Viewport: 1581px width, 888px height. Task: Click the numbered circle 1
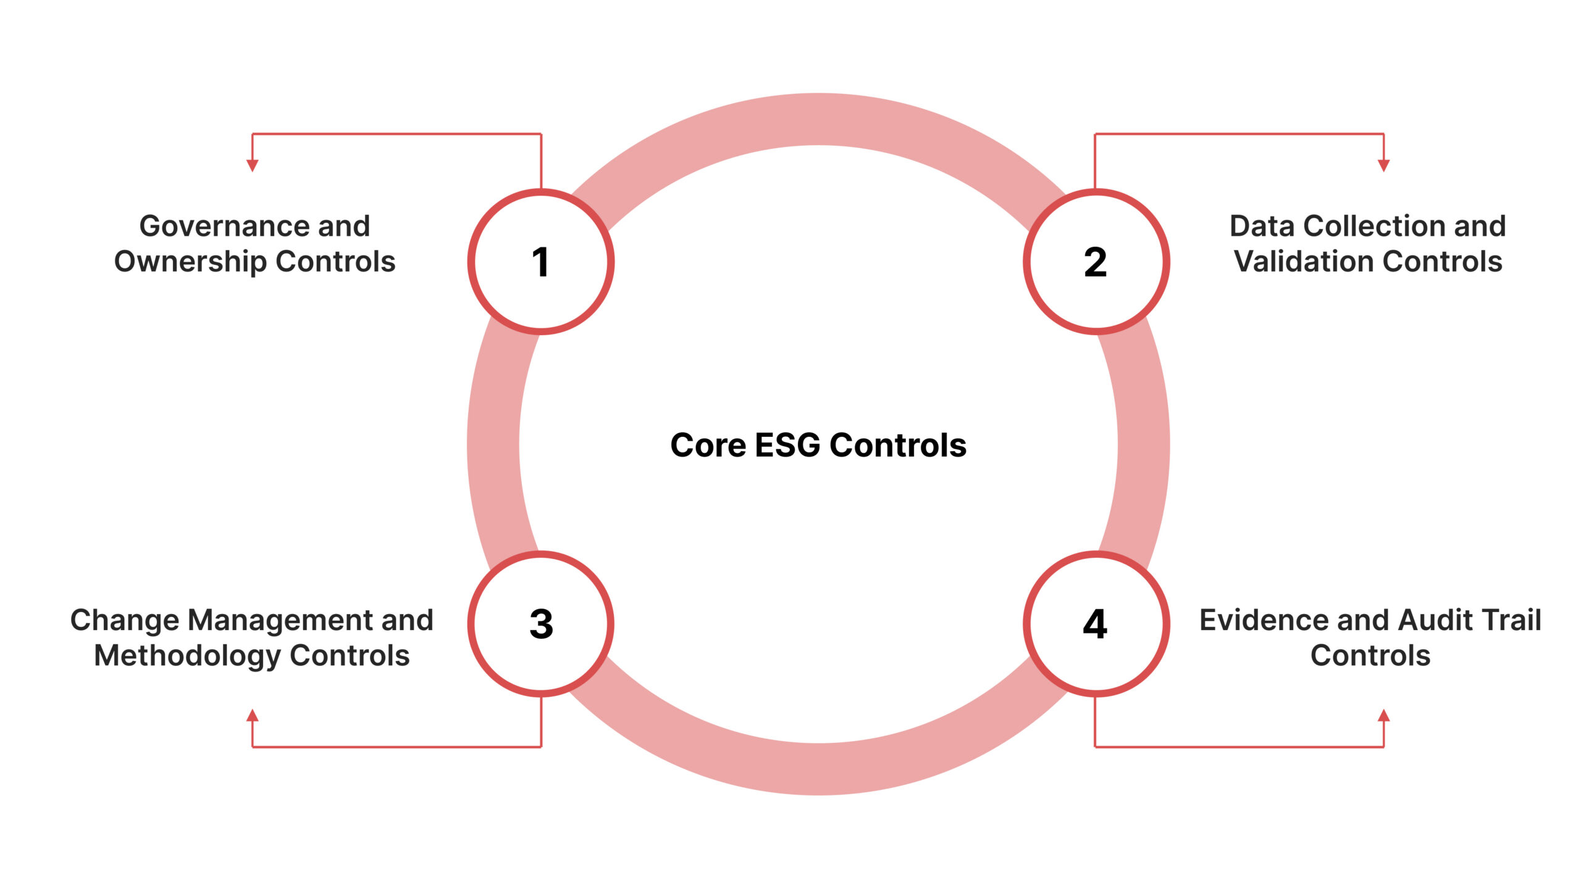point(540,262)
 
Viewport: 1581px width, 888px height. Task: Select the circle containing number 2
point(1096,262)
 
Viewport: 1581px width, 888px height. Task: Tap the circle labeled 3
point(540,624)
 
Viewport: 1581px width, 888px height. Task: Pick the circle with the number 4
point(1096,624)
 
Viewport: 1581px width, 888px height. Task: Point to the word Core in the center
point(708,445)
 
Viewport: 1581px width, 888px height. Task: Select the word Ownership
point(190,262)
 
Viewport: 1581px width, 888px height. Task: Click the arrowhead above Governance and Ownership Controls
point(252,165)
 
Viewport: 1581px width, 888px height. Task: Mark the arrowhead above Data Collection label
point(1383,165)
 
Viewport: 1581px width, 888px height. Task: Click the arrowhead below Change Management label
point(252,716)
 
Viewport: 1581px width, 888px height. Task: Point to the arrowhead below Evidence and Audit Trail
point(1383,716)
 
